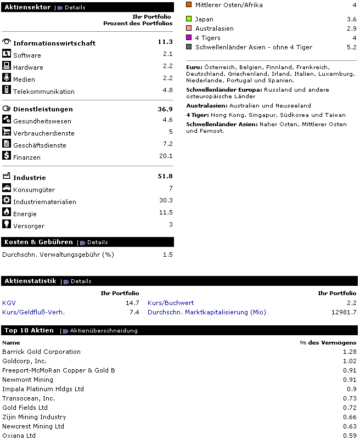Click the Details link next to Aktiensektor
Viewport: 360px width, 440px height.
[x=75, y=8]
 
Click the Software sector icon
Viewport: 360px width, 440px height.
[x=7, y=54]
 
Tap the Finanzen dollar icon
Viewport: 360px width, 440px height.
[x=7, y=156]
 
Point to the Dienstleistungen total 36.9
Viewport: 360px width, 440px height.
[x=165, y=109]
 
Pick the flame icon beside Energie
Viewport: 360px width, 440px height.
[x=7, y=212]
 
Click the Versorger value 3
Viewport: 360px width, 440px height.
[x=171, y=224]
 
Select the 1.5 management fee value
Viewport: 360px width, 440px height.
[x=167, y=255]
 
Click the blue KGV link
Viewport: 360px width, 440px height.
[x=9, y=303]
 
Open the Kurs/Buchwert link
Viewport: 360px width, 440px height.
[x=171, y=303]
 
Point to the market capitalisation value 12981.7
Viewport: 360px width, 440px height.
[x=344, y=312]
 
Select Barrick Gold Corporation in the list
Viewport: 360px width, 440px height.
[x=41, y=352]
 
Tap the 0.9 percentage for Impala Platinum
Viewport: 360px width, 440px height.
[x=351, y=389]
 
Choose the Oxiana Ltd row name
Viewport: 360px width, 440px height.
[x=19, y=436]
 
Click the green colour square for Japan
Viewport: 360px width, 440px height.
[x=189, y=19]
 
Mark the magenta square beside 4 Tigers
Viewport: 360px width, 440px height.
[x=189, y=38]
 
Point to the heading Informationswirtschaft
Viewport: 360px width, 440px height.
[x=54, y=43]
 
